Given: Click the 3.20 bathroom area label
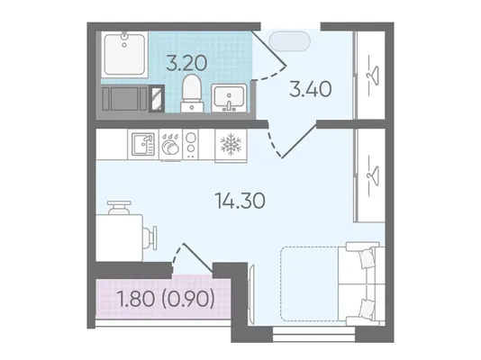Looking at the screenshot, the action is (186, 64).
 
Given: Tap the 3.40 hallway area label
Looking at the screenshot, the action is (311, 89).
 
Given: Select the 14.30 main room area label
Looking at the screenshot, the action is (240, 201).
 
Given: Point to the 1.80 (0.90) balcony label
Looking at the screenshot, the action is (166, 299).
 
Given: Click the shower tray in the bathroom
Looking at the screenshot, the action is (124, 54).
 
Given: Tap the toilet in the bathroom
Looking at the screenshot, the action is (192, 93).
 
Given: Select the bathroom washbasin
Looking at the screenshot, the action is (229, 98).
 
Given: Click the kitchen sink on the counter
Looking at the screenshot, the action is (143, 144).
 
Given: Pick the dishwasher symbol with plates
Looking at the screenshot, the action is (170, 144).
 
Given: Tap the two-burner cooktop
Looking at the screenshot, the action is (191, 144).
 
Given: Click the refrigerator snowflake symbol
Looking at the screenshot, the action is (231, 144).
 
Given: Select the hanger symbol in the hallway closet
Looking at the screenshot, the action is (372, 74).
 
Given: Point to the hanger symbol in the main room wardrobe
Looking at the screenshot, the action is (372, 174).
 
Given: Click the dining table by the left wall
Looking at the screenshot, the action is (119, 238).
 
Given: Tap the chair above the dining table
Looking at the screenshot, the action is (119, 207).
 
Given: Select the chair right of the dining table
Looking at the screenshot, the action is (150, 238).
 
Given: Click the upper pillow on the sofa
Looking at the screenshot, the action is (367, 257).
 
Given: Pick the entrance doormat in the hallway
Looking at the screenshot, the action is (289, 41).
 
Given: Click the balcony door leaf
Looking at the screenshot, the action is (198, 257).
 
